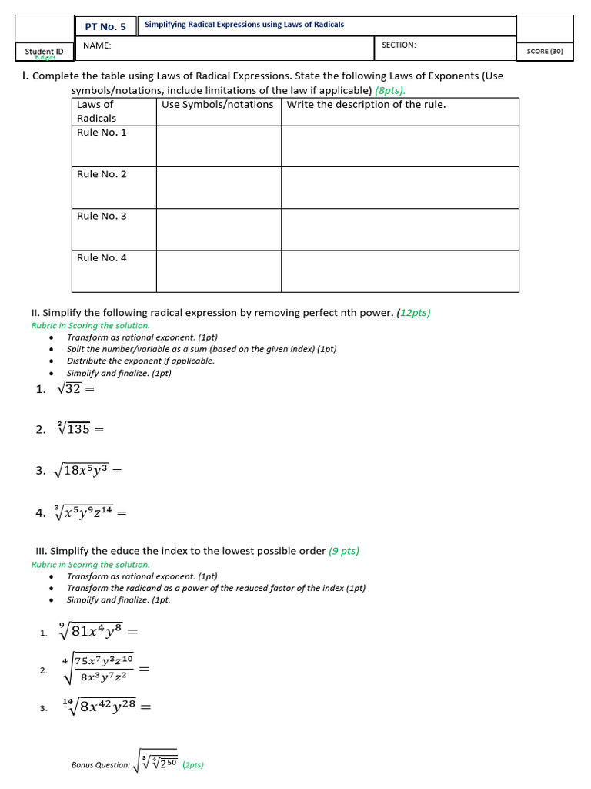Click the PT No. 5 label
(105, 26)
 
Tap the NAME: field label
(97, 45)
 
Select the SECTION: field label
(399, 45)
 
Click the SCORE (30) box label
(545, 52)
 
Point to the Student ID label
(45, 52)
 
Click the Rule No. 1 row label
(102, 133)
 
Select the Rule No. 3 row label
(102, 216)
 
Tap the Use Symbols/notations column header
(218, 105)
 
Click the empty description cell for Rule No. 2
(399, 187)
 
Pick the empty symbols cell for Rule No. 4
(219, 270)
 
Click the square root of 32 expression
(69, 389)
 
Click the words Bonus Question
(100, 765)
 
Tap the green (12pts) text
(415, 313)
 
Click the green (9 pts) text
(343, 551)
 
